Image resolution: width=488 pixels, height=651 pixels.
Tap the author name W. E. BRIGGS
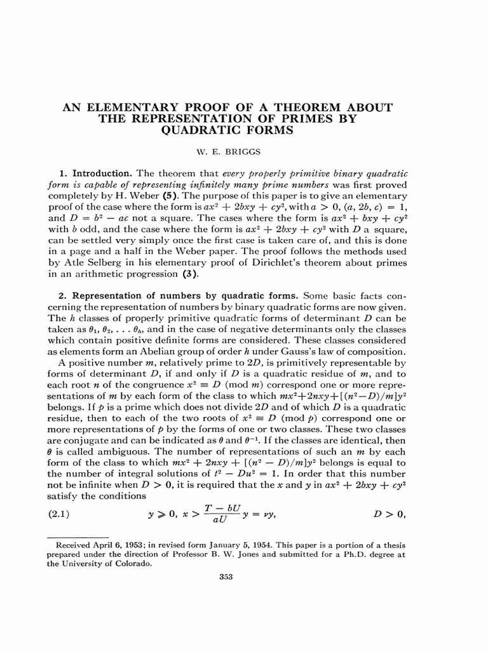coord(244,153)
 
